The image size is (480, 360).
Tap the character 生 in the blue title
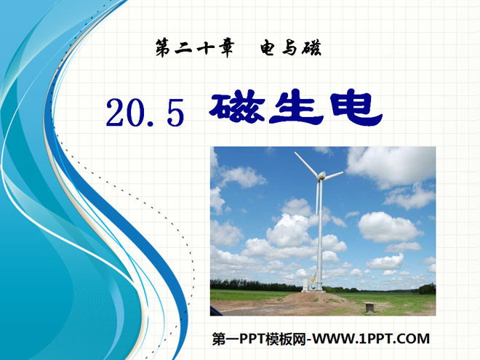click(296, 108)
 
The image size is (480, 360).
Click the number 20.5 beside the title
click(145, 112)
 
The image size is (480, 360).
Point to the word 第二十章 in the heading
click(195, 49)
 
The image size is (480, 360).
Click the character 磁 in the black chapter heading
click(311, 48)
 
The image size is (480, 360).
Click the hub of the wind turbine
click(321, 175)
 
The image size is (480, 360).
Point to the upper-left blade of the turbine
click(305, 163)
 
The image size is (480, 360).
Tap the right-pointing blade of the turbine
click(334, 175)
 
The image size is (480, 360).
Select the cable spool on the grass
click(368, 307)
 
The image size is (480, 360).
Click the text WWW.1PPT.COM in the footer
click(371, 339)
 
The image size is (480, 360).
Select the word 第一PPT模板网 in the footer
click(259, 339)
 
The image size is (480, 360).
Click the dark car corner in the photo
click(217, 311)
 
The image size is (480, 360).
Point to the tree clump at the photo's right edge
click(427, 289)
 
